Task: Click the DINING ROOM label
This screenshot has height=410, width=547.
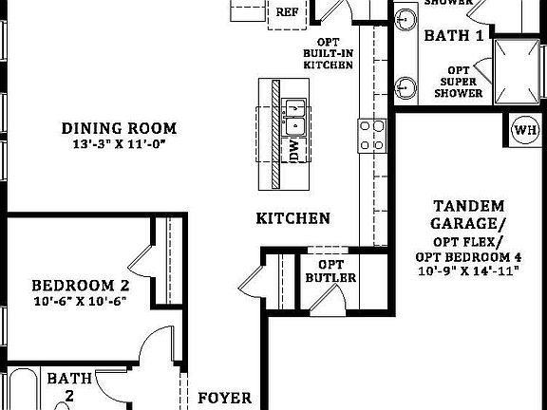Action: pos(119,128)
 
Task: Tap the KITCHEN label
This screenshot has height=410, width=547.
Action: pos(293,219)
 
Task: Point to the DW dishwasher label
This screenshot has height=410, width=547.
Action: pos(294,151)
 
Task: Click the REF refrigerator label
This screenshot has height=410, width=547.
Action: pos(288,11)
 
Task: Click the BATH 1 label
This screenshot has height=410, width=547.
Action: pos(454,36)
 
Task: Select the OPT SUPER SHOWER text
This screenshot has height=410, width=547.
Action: pos(460,82)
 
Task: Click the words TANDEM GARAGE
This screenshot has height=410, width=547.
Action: pos(467,214)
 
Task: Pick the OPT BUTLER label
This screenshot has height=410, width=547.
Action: pos(330,270)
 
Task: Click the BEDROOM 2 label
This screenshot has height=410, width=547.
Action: pos(80,285)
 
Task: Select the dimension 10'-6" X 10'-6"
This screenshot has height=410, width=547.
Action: pos(80,302)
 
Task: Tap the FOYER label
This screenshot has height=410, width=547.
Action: pos(224,398)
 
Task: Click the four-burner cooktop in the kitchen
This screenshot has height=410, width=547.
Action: pos(370,135)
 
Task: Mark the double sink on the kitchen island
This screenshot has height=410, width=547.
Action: pos(294,116)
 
